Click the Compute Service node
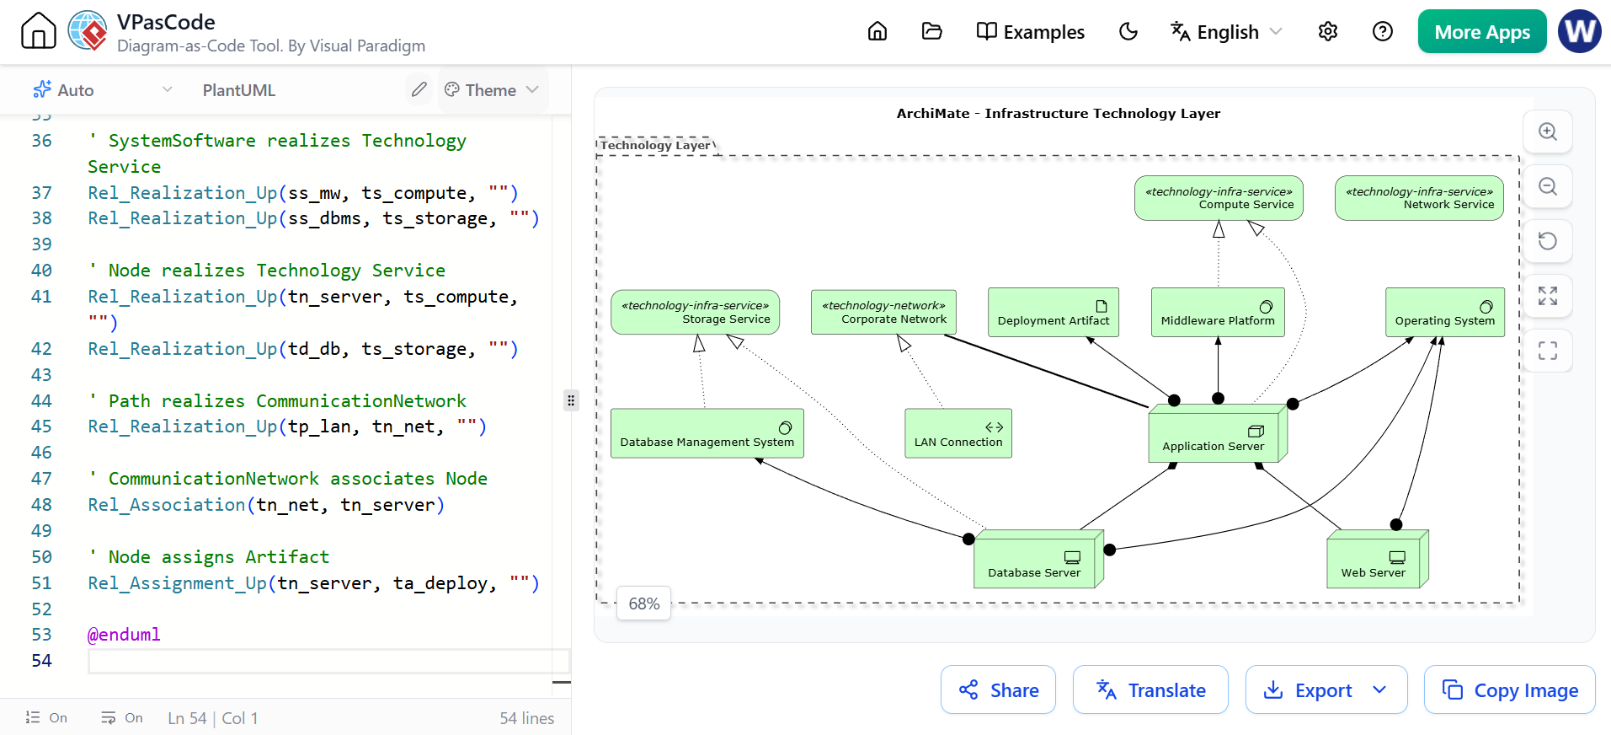click(1219, 198)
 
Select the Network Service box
click(1419, 198)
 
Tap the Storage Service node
click(696, 313)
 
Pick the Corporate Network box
click(883, 313)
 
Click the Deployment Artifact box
click(1054, 313)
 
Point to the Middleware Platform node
click(1218, 313)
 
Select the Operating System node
click(1445, 313)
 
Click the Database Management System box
click(707, 433)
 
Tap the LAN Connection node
click(958, 433)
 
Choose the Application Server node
click(1218, 434)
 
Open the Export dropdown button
click(1326, 690)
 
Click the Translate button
click(1150, 690)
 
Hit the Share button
click(998, 690)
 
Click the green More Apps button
click(1482, 32)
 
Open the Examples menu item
click(1031, 32)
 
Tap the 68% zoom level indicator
click(644, 604)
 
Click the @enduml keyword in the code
click(124, 635)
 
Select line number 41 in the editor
click(41, 297)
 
